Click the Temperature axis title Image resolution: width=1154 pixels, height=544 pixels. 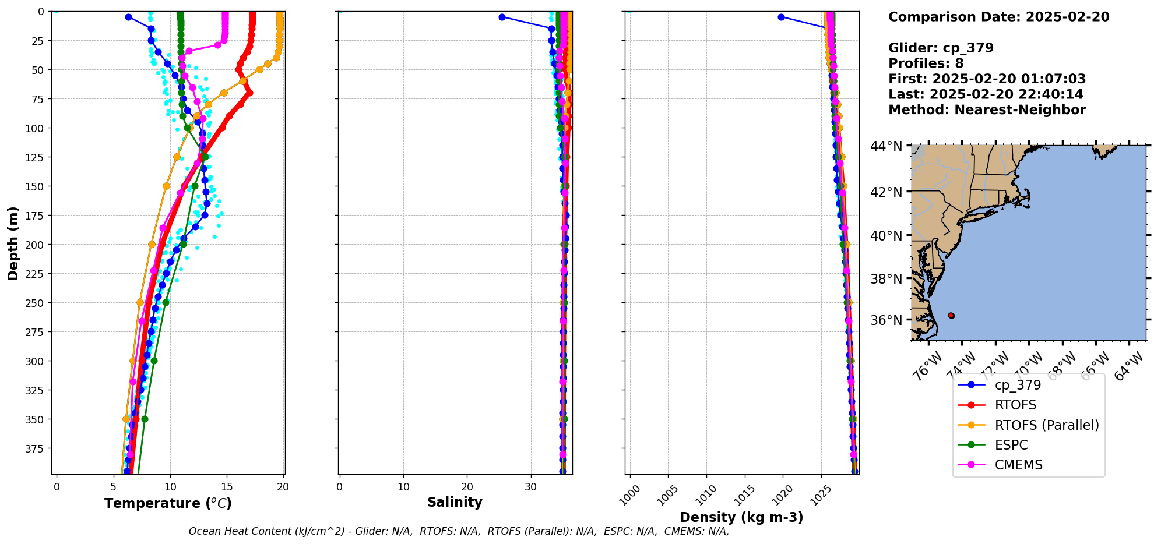(168, 503)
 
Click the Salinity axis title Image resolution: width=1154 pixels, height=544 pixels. (455, 502)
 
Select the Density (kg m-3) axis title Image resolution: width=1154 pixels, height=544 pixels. (741, 517)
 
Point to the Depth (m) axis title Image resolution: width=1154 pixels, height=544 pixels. (13, 243)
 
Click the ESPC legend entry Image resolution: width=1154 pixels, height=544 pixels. (1011, 445)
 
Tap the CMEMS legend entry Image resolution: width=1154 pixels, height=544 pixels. (1018, 465)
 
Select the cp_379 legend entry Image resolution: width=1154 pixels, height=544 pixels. (1018, 385)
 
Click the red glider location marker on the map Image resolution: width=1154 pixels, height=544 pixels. (951, 316)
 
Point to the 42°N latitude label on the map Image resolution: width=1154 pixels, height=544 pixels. (886, 192)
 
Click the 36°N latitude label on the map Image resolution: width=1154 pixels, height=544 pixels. (886, 320)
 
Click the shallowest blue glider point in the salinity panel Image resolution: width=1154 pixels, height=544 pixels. (502, 17)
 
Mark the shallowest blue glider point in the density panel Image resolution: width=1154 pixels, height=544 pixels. (781, 17)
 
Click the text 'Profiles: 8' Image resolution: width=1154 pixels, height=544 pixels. (926, 63)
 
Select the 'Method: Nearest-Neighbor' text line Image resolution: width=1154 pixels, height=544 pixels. (987, 110)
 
